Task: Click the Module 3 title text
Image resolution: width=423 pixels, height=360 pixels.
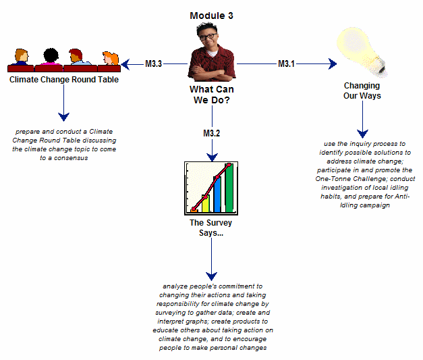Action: tap(212, 16)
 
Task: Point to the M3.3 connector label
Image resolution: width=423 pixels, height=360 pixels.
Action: tap(153, 64)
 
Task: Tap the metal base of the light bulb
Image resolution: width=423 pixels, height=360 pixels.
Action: tap(381, 65)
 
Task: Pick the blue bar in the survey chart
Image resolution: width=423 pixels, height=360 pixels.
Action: tap(217, 195)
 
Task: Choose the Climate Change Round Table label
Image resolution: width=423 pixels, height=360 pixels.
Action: tap(63, 80)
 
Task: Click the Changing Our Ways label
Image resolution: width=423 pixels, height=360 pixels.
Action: tap(362, 91)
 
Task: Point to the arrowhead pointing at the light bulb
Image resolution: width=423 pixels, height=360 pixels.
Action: tap(332, 64)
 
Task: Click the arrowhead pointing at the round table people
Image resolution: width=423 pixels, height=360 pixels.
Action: tap(126, 64)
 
